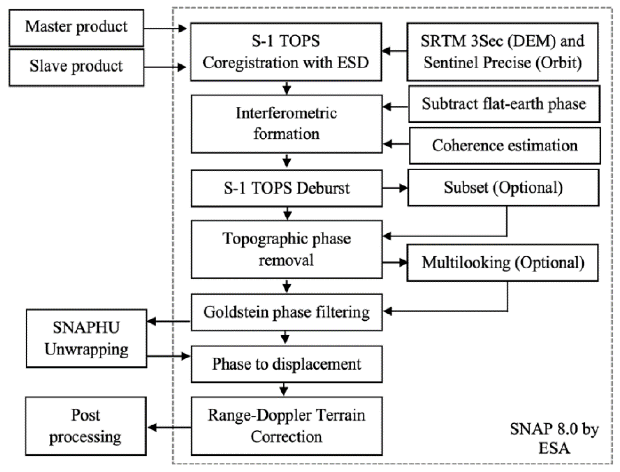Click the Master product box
pos(76,28)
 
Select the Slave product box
pos(76,67)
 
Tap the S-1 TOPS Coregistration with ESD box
pos(286,52)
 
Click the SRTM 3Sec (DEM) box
pos(502,52)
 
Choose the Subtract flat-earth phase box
pos(504,104)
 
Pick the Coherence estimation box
pos(505,146)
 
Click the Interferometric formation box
pos(286,124)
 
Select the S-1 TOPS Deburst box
pos(286,188)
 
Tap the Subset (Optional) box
pos(503,187)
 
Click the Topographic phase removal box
pos(286,250)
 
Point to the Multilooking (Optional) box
pos(503,263)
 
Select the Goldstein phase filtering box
pos(286,312)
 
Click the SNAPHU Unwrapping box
pos(86,339)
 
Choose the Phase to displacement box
pos(286,364)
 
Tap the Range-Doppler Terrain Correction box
pos(286,426)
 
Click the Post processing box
pos(85,426)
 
